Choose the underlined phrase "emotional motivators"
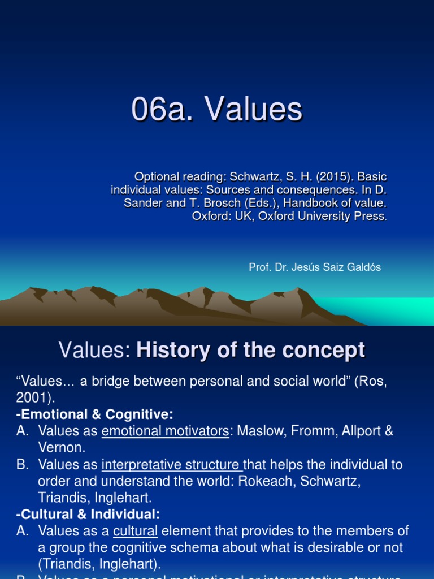pos(166,431)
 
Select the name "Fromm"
pos(313,431)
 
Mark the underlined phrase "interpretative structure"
pos(171,465)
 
